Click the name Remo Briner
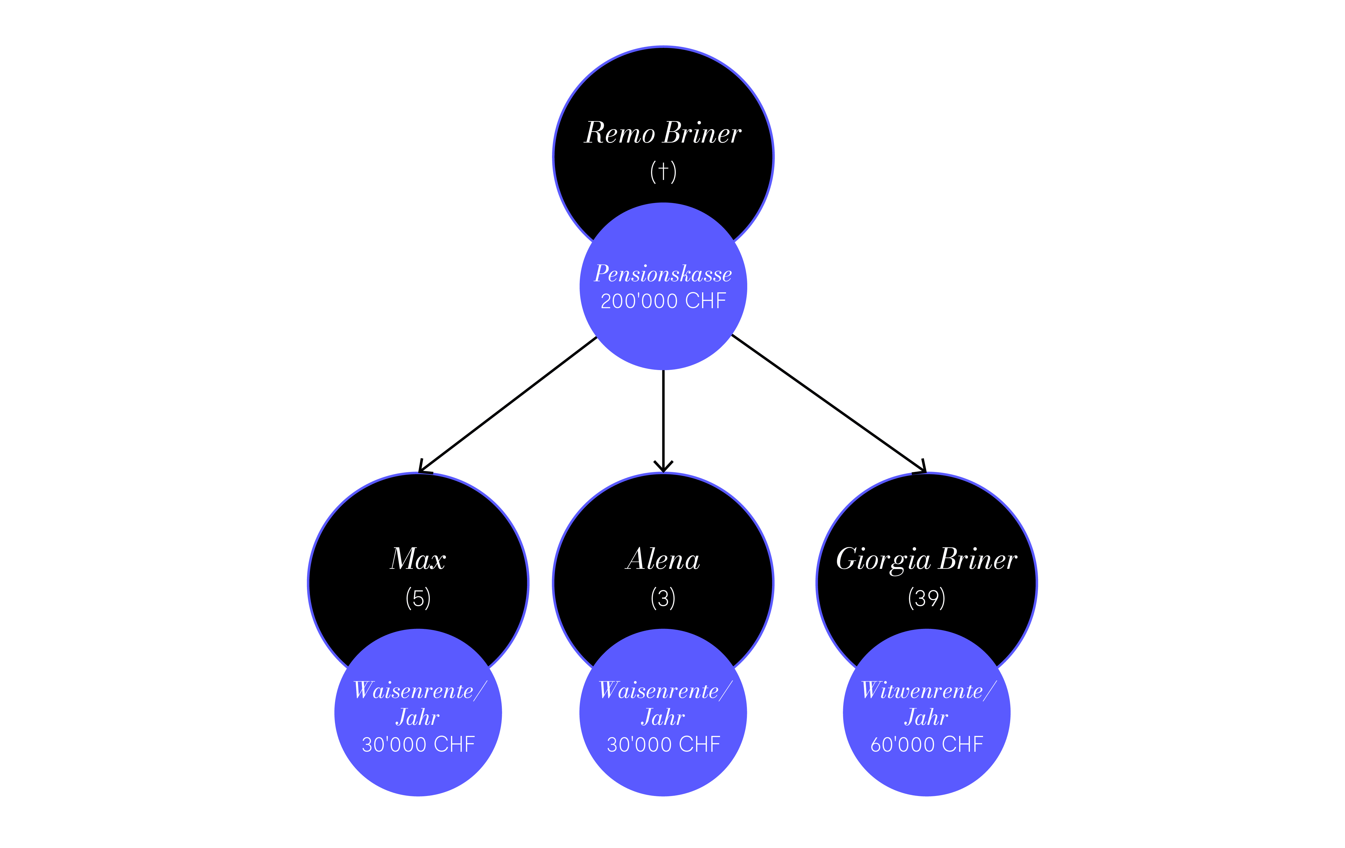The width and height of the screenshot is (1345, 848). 663,133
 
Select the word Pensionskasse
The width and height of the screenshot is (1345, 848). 663,274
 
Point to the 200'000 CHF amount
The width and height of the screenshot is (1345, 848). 663,301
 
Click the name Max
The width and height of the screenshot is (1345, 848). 418,559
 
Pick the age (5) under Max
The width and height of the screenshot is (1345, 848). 418,598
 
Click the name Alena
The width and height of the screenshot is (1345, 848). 663,559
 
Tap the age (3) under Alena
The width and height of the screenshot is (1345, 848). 663,598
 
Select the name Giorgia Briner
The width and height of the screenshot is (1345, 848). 927,559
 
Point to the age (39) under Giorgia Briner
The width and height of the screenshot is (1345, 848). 927,598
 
